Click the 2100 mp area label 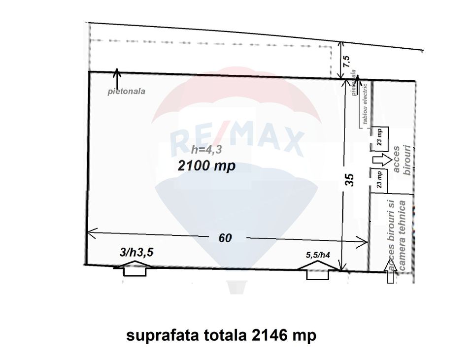(x=206, y=166)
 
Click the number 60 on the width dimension (x=225, y=238)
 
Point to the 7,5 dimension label (x=346, y=61)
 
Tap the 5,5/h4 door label (x=318, y=255)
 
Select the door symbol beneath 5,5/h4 (x=317, y=271)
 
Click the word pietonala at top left (x=127, y=91)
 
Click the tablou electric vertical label (x=366, y=105)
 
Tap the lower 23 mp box (x=380, y=179)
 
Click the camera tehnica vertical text (x=402, y=236)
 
